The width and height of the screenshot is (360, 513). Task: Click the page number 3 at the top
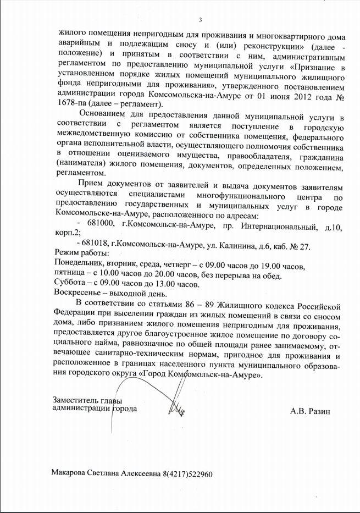[x=201, y=21]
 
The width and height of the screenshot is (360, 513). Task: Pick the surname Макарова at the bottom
[x=69, y=473]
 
